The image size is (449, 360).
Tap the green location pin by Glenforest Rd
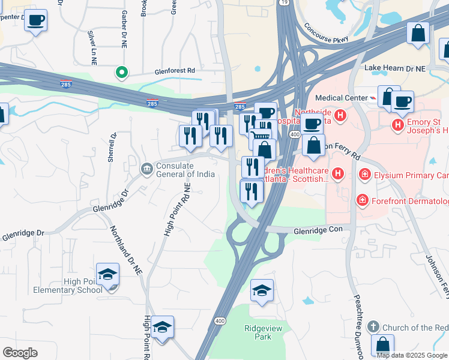click(x=122, y=73)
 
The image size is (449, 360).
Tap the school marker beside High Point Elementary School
click(x=108, y=275)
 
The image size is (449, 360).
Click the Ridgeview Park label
click(x=258, y=332)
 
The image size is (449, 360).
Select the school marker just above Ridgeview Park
click(x=262, y=292)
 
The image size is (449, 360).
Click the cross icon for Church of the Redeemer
click(x=372, y=327)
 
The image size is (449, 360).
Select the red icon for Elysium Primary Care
click(x=364, y=175)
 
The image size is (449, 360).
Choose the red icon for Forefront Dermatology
click(x=362, y=200)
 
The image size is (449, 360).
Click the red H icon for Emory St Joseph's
click(x=397, y=125)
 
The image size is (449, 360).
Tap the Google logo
click(x=20, y=352)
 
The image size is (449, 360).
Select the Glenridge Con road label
click(x=322, y=230)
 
